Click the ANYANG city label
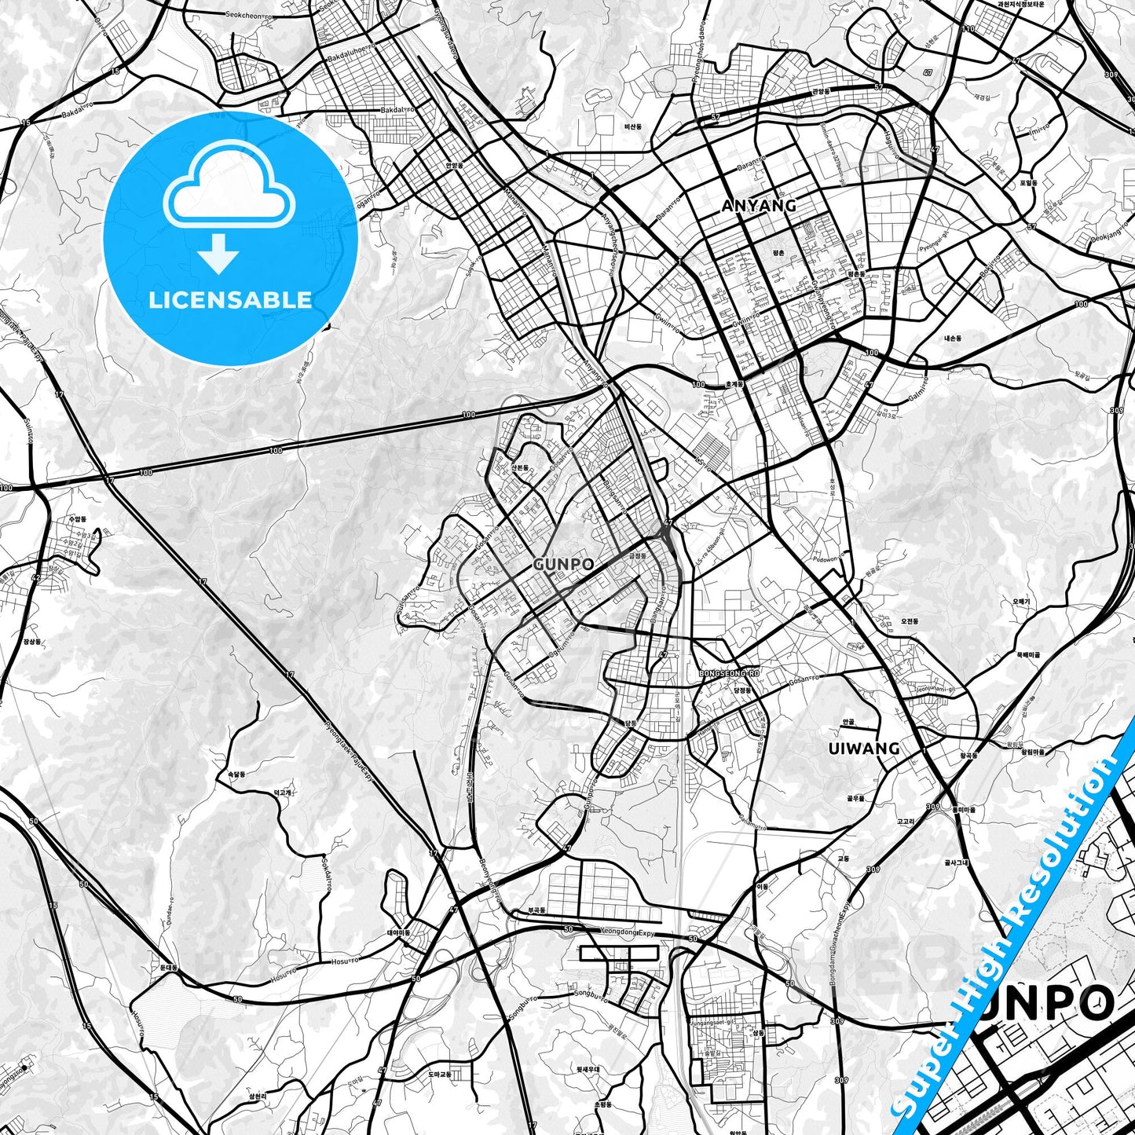point(758,206)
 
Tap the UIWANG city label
point(863,749)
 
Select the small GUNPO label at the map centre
point(562,564)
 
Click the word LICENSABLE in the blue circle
point(230,300)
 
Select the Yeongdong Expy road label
point(625,932)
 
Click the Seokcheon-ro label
point(249,14)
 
